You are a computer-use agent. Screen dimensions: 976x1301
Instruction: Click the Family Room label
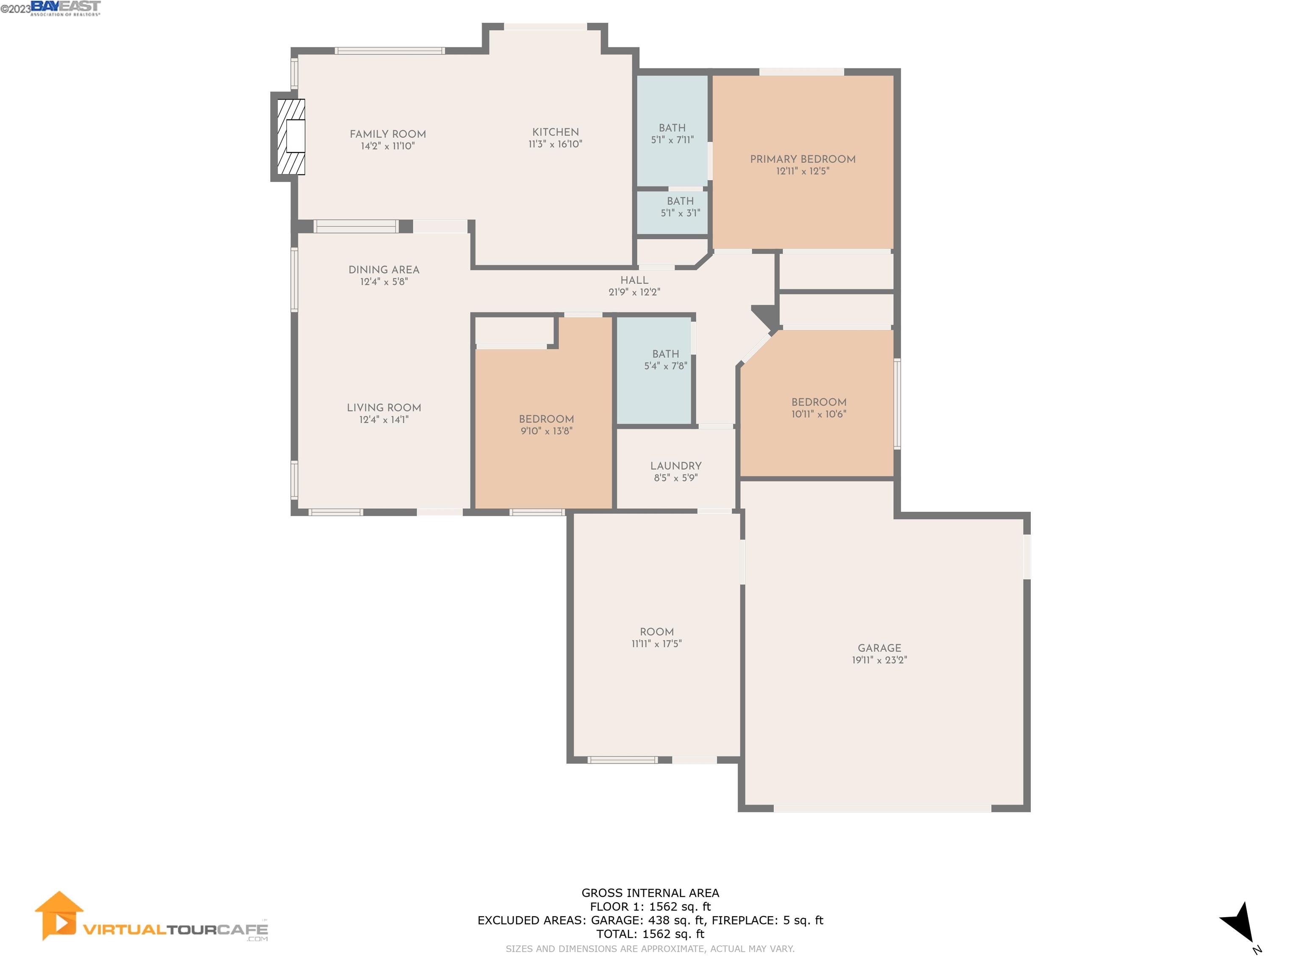[388, 134]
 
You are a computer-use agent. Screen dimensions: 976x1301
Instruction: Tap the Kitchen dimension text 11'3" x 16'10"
[555, 144]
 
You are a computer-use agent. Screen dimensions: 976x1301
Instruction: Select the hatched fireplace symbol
[291, 136]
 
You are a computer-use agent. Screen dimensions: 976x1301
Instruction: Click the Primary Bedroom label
[802, 159]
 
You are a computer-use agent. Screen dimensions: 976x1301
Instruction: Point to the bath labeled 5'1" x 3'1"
[680, 207]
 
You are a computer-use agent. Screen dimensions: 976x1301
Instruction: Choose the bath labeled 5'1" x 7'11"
[672, 133]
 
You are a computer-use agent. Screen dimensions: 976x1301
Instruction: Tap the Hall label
[634, 280]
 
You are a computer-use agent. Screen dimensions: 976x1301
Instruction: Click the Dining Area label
[383, 269]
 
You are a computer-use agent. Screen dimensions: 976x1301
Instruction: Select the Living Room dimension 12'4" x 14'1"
[383, 419]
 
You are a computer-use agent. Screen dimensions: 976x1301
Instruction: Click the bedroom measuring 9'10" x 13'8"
[546, 425]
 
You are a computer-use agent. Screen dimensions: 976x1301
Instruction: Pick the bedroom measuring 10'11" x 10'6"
[818, 408]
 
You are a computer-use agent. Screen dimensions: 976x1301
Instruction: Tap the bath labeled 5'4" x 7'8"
[665, 360]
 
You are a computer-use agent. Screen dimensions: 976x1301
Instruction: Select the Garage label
[879, 648]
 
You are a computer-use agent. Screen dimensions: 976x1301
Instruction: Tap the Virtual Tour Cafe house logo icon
[59, 915]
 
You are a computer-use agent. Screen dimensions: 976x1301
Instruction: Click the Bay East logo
[65, 8]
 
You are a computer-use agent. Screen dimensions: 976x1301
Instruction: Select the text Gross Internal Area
[650, 893]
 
